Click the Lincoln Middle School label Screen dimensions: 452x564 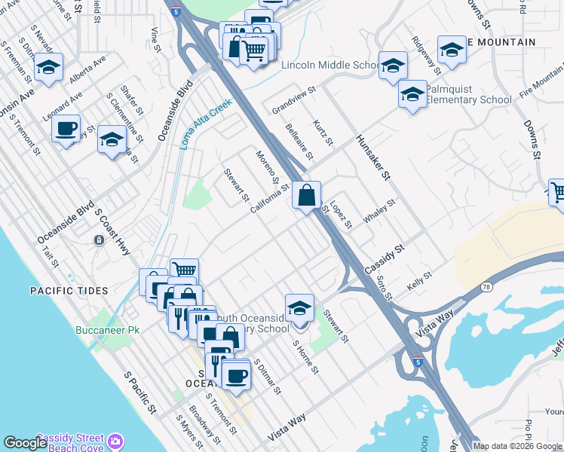coord(330,66)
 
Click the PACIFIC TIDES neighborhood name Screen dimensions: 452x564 coord(69,291)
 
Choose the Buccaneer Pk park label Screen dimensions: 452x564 coord(108,330)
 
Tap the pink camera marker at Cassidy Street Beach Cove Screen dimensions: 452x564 coord(115,439)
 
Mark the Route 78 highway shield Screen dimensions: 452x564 coord(486,287)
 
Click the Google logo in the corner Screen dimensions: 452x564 coord(26,443)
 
